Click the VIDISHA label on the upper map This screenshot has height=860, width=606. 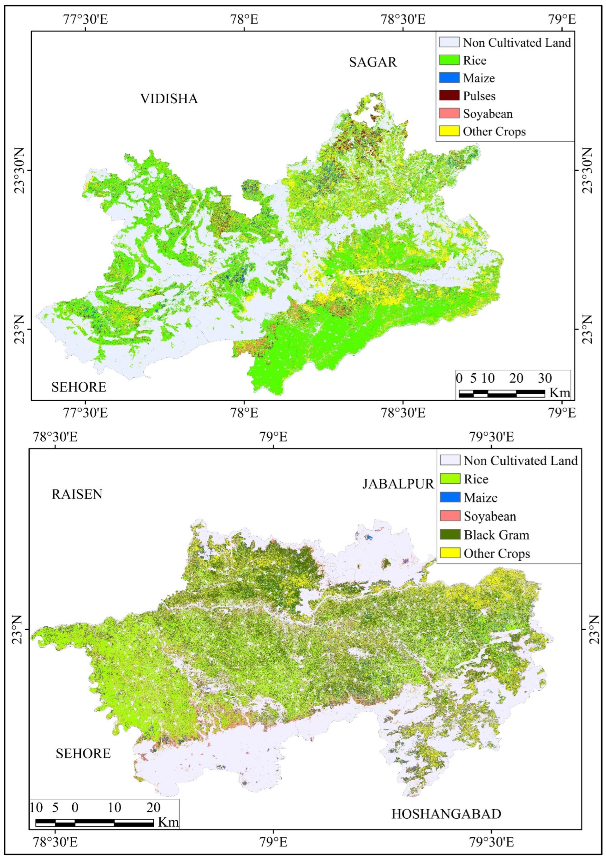coord(169,99)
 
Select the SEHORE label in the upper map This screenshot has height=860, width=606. coord(79,387)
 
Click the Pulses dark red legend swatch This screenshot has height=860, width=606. coord(449,96)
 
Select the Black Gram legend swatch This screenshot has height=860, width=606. coord(450,535)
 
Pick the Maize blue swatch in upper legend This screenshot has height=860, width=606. coord(449,78)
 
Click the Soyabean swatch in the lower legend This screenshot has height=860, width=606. coord(450,516)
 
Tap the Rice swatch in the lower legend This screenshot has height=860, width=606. coord(450,479)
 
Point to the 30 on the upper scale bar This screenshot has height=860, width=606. coord(545,378)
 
